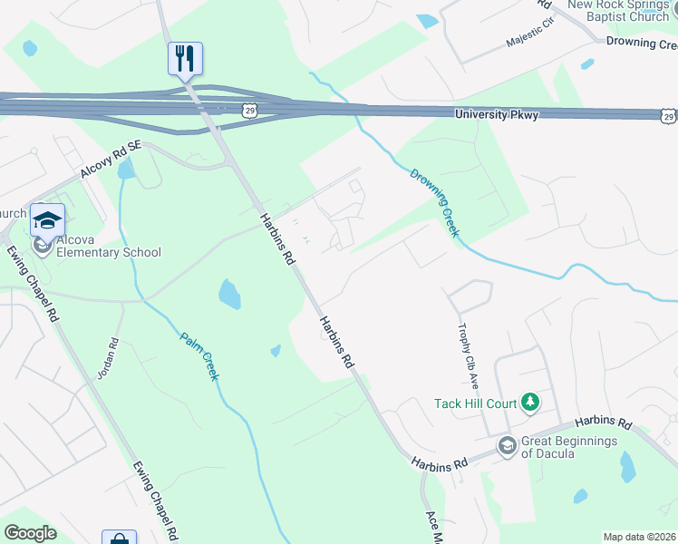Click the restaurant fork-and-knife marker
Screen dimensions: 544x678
[x=185, y=60]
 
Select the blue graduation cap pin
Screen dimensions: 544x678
[x=47, y=219]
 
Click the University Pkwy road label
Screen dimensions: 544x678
[x=496, y=115]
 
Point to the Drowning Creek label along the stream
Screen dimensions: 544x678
[x=434, y=202]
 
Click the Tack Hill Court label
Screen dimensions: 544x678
[x=475, y=403]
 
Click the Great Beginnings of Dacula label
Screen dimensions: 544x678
[x=568, y=447]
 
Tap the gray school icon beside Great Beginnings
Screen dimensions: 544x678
[x=507, y=445]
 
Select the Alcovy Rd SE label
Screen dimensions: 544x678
[x=111, y=158]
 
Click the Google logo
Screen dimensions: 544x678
[x=30, y=533]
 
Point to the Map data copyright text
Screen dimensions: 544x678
[x=639, y=537]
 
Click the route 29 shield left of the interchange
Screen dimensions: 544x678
[x=248, y=110]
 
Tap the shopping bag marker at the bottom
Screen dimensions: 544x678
[x=119, y=539]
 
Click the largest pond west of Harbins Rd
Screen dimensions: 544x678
[x=230, y=295]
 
